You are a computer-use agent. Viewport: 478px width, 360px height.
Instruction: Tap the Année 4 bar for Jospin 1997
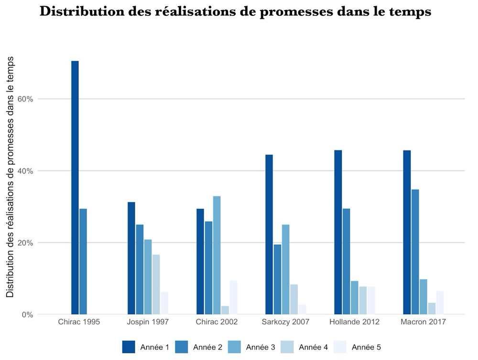coord(156,284)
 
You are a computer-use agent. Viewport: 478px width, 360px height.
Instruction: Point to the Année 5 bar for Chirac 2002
coord(233,297)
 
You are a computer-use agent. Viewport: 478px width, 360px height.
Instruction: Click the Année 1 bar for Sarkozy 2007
coord(269,234)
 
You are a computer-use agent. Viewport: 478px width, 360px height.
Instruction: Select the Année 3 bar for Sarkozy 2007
coord(285,269)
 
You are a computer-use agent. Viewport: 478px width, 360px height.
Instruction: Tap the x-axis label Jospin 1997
coord(148,322)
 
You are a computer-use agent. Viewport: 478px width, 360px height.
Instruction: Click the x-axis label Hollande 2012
coord(354,322)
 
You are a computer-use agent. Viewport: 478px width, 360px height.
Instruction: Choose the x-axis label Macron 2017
coord(423,322)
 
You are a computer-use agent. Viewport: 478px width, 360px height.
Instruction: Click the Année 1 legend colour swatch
coord(129,347)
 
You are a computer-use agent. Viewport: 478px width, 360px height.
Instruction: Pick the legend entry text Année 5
coord(366,347)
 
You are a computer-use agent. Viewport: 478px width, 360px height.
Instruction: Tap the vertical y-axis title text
coord(10,177)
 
